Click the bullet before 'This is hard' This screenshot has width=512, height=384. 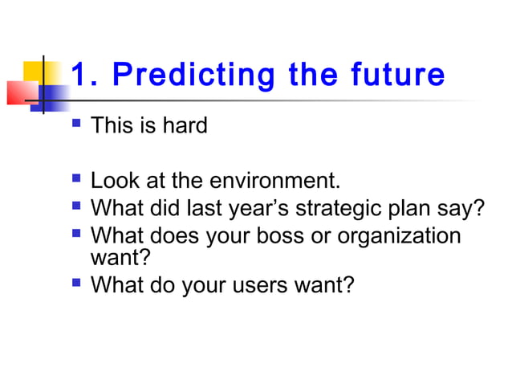(x=76, y=125)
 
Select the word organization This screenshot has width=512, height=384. (x=400, y=236)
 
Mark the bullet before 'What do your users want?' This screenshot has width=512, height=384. (x=76, y=283)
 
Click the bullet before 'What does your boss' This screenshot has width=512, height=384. (x=76, y=235)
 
